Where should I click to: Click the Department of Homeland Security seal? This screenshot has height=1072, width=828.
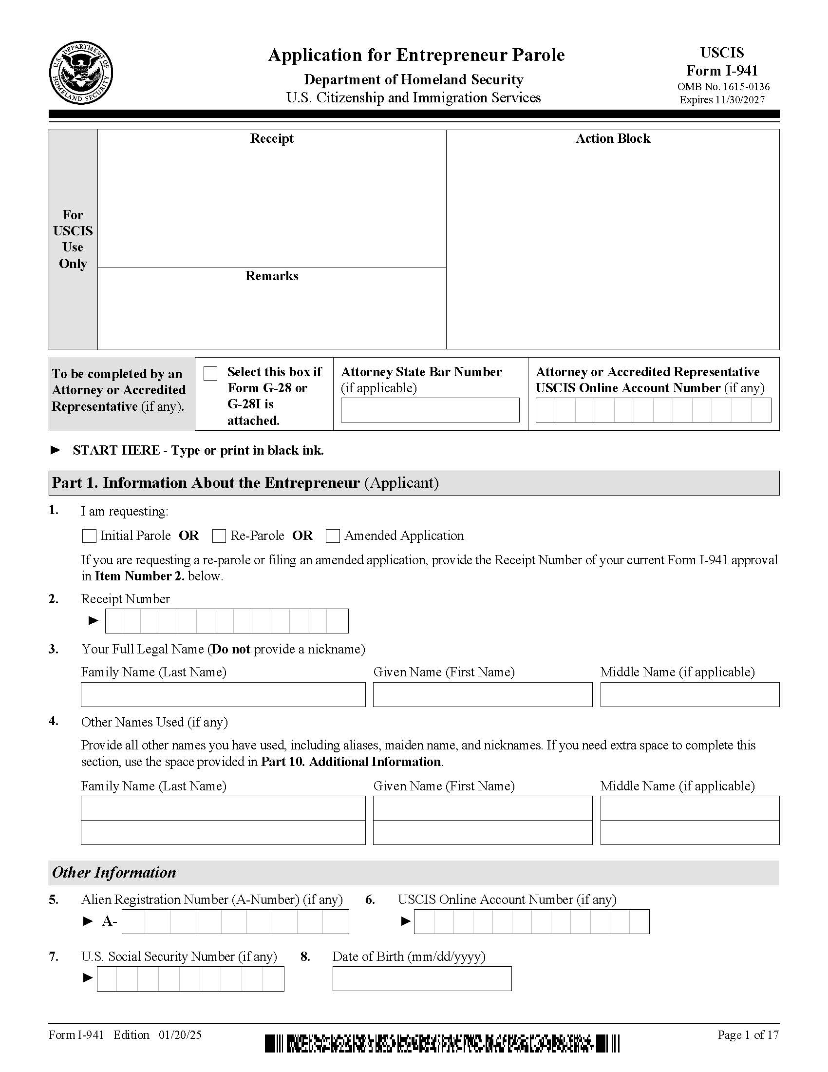click(x=81, y=73)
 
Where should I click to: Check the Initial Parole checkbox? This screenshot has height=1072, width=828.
click(x=89, y=536)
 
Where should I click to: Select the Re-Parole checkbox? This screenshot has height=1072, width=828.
click(x=219, y=536)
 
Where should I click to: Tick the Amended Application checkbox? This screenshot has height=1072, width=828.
click(x=333, y=536)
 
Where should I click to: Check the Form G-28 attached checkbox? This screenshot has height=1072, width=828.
click(x=210, y=374)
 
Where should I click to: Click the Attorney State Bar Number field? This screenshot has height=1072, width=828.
click(x=430, y=410)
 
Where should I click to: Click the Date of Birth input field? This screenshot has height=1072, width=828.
click(x=422, y=979)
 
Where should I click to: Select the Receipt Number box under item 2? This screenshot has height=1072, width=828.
click(x=226, y=621)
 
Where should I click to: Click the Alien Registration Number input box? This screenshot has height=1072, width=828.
click(x=235, y=921)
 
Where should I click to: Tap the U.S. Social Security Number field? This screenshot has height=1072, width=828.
click(x=190, y=979)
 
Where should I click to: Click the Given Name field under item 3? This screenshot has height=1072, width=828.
click(x=482, y=694)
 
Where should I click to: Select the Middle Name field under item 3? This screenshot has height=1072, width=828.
click(x=689, y=694)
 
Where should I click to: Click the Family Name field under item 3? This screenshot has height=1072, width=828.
click(x=223, y=694)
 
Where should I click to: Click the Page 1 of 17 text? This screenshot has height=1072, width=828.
click(x=748, y=1034)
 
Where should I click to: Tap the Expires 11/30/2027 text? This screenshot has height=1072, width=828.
click(x=721, y=99)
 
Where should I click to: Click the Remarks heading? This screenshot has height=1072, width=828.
click(x=272, y=276)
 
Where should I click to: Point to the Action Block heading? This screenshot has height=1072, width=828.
click(x=613, y=138)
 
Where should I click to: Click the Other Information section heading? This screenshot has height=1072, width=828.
click(x=114, y=872)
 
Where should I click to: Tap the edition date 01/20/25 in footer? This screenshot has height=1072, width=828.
click(x=180, y=1034)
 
